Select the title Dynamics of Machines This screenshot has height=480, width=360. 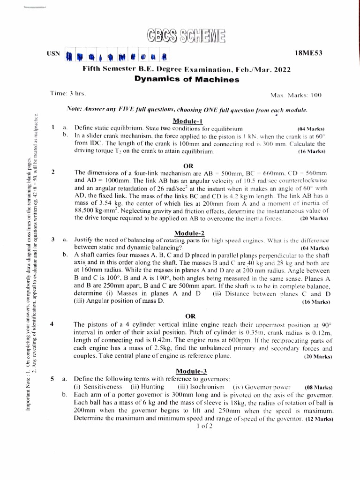click(187, 79)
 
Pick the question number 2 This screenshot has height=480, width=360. click(54, 172)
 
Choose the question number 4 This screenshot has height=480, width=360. click(53, 323)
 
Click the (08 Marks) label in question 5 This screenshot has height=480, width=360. click(318, 388)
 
